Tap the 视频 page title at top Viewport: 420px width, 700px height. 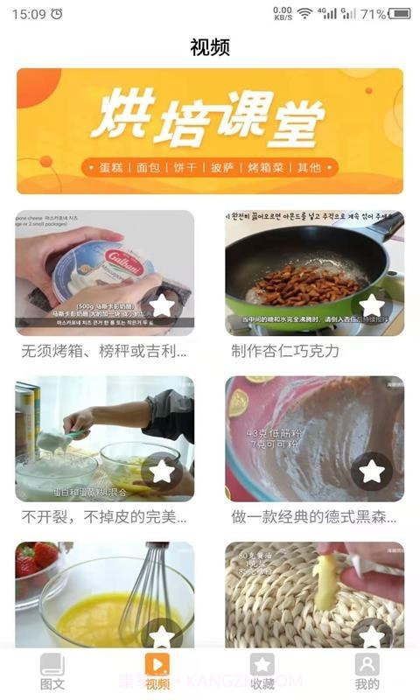point(210,47)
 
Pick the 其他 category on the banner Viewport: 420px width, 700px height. point(308,167)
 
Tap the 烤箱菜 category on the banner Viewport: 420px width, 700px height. point(263,167)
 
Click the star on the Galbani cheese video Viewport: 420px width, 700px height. point(162,305)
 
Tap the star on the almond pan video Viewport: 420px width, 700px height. point(372,305)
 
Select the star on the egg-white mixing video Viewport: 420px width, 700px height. point(162,471)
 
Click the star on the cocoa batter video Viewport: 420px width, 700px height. point(372,471)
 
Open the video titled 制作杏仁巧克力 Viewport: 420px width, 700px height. point(284,351)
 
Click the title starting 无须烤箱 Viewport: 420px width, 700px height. point(104,351)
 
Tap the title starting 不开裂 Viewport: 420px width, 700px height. point(104,517)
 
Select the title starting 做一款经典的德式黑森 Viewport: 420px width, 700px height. point(313,517)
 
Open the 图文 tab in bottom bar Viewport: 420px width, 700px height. point(52,671)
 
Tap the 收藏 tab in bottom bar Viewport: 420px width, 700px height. point(262,671)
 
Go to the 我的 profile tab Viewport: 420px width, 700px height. point(367,671)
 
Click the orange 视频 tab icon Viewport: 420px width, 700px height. point(157,664)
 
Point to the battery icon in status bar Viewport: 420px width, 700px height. point(400,14)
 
